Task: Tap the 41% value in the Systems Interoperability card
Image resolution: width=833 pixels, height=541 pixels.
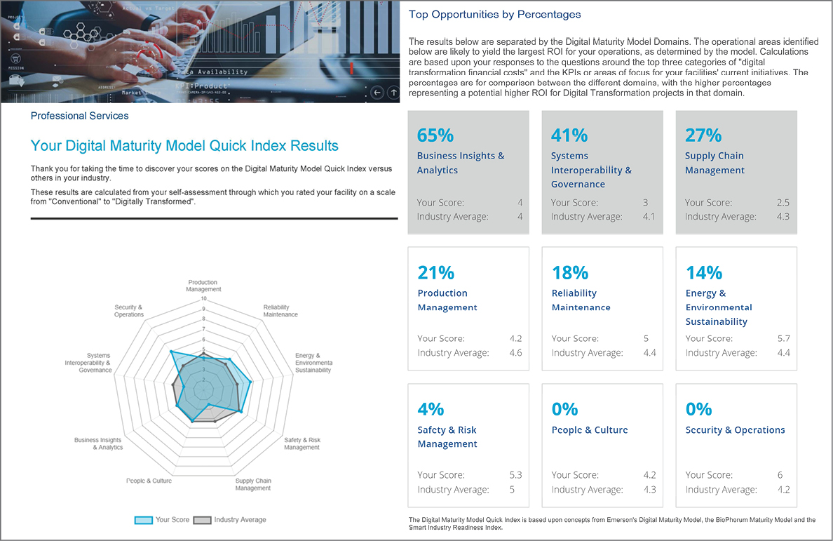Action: pyautogui.click(x=569, y=135)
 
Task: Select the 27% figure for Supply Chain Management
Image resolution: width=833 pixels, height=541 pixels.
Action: pyautogui.click(x=703, y=135)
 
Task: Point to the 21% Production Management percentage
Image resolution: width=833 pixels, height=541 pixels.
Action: pyautogui.click(x=435, y=272)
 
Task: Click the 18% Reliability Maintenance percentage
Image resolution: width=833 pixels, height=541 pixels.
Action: pyautogui.click(x=569, y=272)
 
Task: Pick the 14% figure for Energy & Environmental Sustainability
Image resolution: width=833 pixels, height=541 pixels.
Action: pyautogui.click(x=703, y=272)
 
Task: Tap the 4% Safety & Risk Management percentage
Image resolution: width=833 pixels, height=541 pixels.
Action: pyautogui.click(x=431, y=409)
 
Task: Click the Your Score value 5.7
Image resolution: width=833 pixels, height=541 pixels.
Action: pyautogui.click(x=783, y=338)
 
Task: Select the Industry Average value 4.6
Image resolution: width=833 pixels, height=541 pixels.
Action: pyautogui.click(x=515, y=353)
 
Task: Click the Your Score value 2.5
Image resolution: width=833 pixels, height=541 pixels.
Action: pyautogui.click(x=783, y=203)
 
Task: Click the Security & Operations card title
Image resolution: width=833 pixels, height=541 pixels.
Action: pyautogui.click(x=735, y=430)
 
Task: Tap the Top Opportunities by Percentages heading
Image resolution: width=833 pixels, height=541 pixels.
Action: pyautogui.click(x=494, y=15)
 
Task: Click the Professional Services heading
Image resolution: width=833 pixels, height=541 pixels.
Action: pyautogui.click(x=79, y=116)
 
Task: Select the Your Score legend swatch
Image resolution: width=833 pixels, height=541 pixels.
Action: pyautogui.click(x=144, y=520)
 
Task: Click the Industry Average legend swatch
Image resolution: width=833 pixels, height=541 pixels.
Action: pyautogui.click(x=202, y=520)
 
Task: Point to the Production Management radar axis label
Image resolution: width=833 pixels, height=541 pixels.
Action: pyautogui.click(x=203, y=286)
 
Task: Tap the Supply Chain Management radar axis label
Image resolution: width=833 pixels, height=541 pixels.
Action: pyautogui.click(x=253, y=484)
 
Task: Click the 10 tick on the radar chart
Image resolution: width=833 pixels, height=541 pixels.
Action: pyautogui.click(x=203, y=298)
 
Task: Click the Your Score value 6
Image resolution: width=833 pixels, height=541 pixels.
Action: pyautogui.click(x=780, y=475)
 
